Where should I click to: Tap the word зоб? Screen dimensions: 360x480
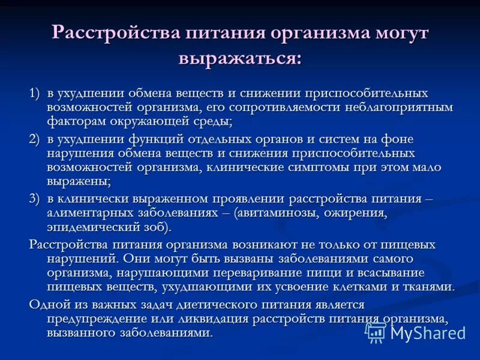(158, 227)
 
